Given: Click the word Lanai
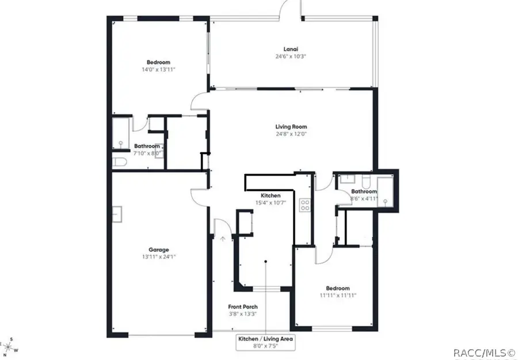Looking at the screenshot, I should [x=290, y=49].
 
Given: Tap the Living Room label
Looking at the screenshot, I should [x=291, y=127].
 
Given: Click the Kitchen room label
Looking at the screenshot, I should [x=270, y=196].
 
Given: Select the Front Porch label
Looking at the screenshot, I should [x=243, y=307].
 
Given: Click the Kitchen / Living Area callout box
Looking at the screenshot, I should [x=266, y=343].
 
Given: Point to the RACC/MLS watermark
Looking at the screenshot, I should [x=484, y=352].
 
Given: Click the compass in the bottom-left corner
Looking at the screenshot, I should [x=8, y=347].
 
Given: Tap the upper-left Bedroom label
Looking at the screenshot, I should [x=158, y=62].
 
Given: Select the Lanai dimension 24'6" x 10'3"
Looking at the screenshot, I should [x=290, y=56].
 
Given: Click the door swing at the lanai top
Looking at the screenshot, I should [x=290, y=10].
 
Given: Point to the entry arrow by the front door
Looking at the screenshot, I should [x=222, y=236].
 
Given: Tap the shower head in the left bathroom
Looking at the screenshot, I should [x=120, y=141].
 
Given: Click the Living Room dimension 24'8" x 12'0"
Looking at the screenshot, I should [x=291, y=134].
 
